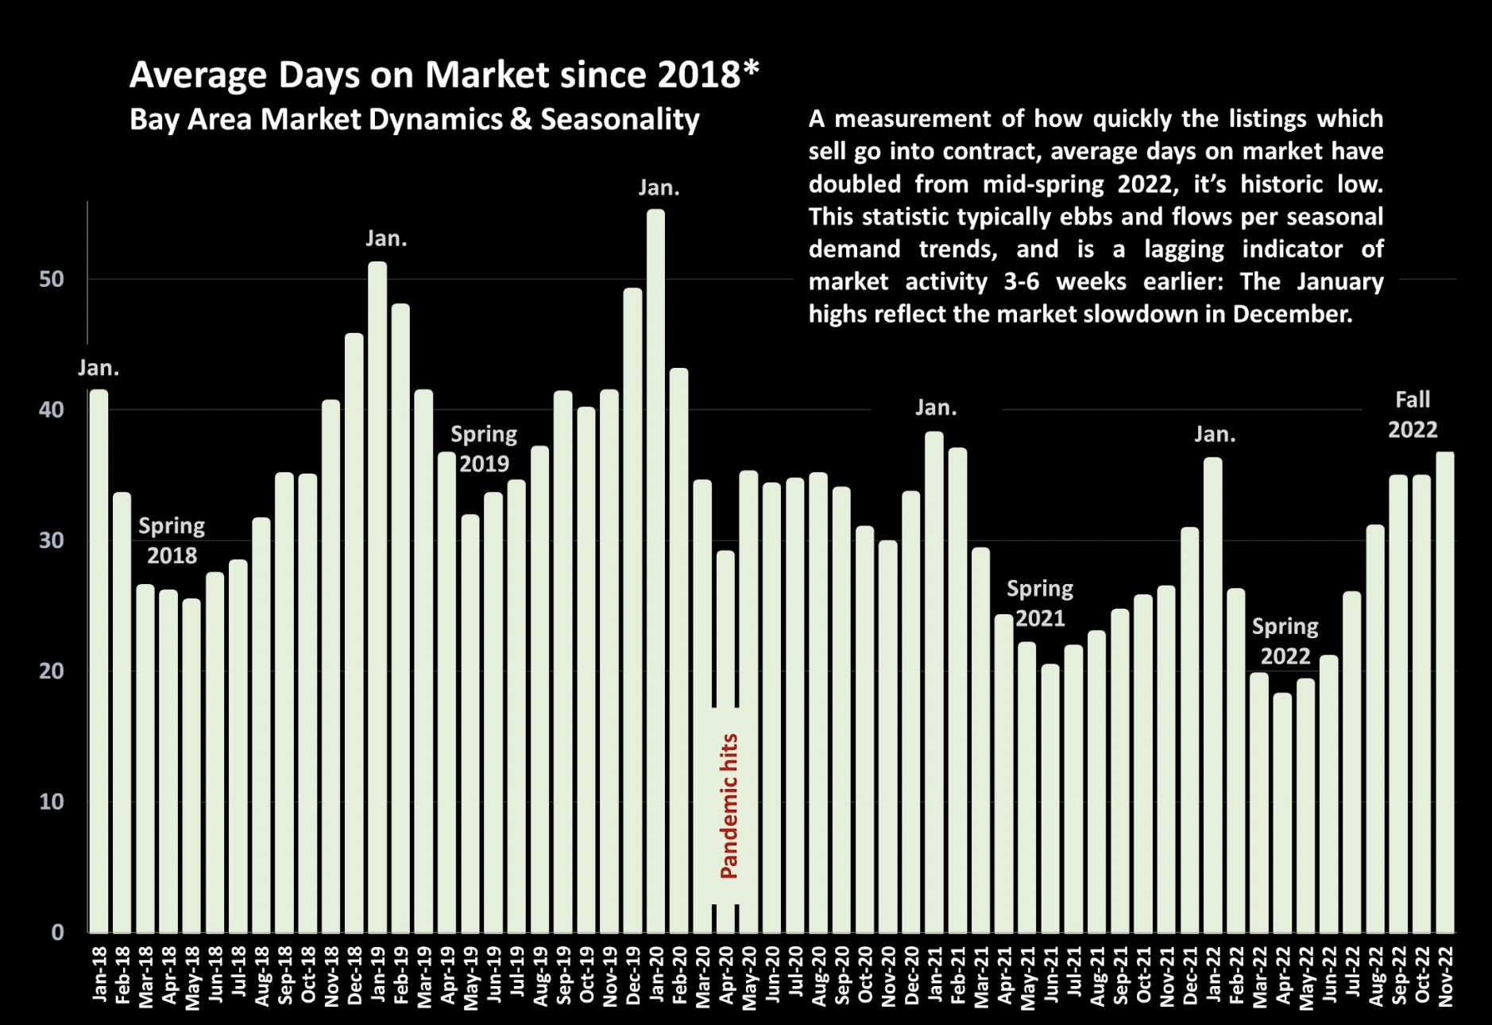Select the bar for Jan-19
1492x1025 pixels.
point(377,597)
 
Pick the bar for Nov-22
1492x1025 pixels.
point(1445,692)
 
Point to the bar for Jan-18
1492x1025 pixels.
point(99,660)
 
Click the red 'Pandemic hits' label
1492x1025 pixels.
point(729,806)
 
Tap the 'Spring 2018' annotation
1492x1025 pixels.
point(172,540)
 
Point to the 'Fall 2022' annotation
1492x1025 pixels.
point(1413,414)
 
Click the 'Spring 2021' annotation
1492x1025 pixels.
point(1040,603)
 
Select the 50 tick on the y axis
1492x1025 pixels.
point(52,280)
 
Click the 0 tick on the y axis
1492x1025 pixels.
point(57,932)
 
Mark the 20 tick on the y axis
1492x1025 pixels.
point(52,671)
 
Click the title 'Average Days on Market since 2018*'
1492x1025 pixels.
point(444,75)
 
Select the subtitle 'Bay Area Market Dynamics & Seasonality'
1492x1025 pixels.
point(414,119)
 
